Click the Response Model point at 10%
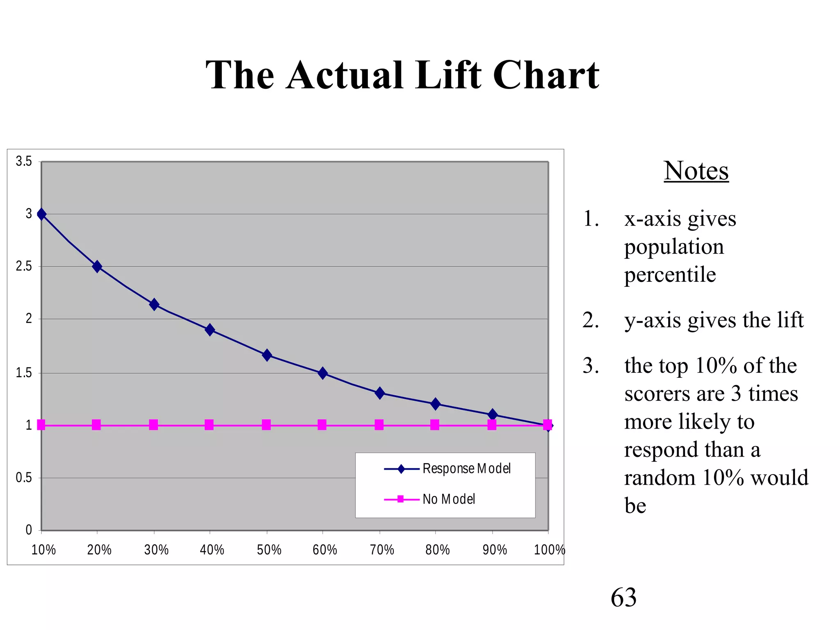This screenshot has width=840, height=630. coord(41,214)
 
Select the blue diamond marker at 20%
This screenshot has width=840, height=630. coord(97,267)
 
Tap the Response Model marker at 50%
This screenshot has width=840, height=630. coord(267,355)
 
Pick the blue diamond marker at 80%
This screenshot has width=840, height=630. coord(435,404)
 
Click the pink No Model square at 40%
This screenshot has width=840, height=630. coord(209,425)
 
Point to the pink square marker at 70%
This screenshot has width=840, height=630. coord(379,425)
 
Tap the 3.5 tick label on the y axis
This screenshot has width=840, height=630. coord(24,162)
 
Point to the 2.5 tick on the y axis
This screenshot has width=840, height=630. coord(24,267)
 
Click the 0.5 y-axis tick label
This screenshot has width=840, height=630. coord(24,478)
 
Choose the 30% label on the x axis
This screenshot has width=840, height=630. coord(156,550)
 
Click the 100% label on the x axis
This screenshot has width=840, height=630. coord(549,550)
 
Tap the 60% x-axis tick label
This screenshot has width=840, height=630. coord(324,550)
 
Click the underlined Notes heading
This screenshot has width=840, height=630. coord(696,171)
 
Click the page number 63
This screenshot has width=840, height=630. coord(623,597)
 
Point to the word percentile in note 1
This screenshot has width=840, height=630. coord(670,274)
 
